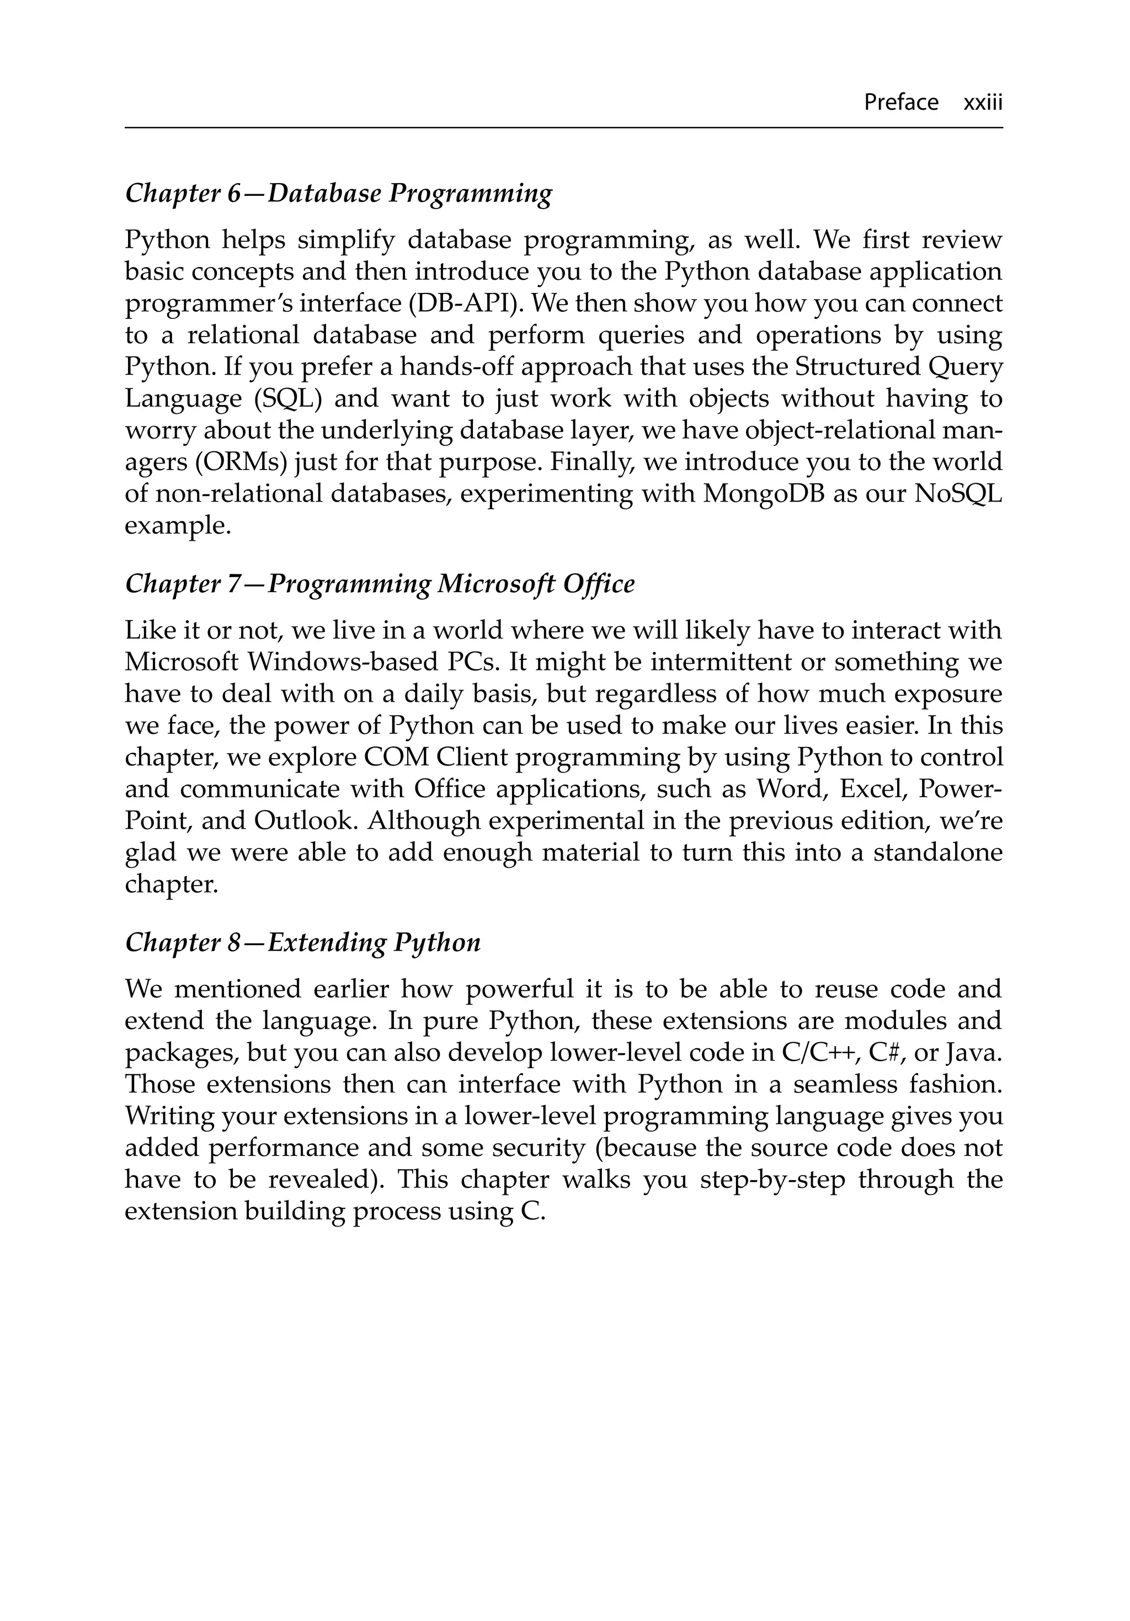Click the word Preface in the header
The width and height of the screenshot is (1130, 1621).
(x=900, y=103)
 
